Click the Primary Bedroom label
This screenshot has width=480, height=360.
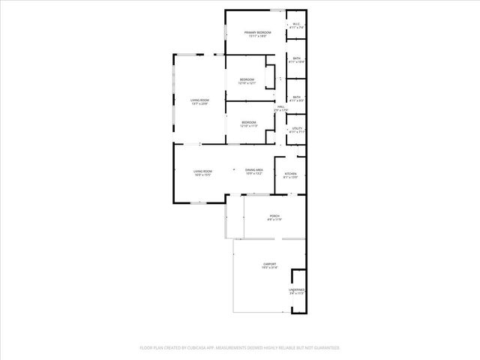click(x=257, y=32)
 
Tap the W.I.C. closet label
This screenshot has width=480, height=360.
click(x=296, y=23)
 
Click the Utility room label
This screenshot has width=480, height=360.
click(x=297, y=128)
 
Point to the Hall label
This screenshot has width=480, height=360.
click(x=280, y=106)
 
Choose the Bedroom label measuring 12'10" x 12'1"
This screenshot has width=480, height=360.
click(x=247, y=79)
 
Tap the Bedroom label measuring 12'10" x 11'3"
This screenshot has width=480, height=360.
click(x=248, y=121)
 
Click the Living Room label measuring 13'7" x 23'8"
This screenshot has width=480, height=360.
click(x=199, y=100)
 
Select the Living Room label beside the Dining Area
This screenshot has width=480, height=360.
click(x=202, y=171)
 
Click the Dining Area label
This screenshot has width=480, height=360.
click(x=253, y=170)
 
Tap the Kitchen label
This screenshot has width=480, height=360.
click(x=290, y=174)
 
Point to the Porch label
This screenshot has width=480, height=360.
click(x=274, y=215)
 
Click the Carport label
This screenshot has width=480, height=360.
click(x=269, y=264)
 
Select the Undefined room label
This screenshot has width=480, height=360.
click(x=297, y=289)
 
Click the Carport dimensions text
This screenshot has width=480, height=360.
click(x=269, y=268)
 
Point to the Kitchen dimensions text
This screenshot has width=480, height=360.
click(x=290, y=178)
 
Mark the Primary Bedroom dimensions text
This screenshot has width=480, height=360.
click(x=257, y=36)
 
